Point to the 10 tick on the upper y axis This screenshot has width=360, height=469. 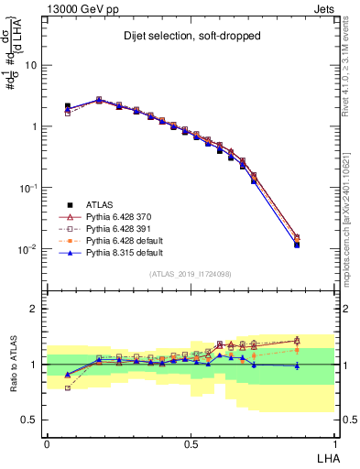(x=31, y=66)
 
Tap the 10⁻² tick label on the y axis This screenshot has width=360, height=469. (x=27, y=249)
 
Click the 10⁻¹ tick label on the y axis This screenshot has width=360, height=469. (x=27, y=188)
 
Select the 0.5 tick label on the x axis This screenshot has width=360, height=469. (x=191, y=442)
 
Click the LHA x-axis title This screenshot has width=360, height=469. (x=325, y=456)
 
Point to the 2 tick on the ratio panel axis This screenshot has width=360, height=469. (x=34, y=309)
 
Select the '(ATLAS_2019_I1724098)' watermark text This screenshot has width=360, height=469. (x=190, y=274)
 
